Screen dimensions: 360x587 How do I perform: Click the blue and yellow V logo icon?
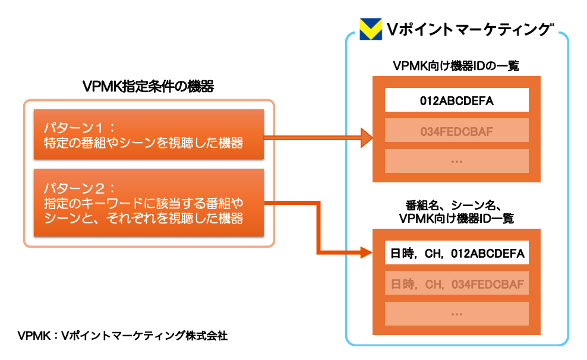370,29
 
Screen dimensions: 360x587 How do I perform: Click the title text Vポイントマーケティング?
470,29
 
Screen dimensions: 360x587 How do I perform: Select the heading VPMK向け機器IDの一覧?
456,66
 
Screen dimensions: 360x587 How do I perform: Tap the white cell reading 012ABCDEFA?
456,100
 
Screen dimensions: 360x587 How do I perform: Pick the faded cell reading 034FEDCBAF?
456,130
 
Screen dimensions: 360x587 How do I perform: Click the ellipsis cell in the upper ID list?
456,160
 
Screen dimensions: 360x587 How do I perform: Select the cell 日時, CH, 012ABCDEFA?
456,254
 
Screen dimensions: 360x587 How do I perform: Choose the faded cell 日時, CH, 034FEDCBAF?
456,285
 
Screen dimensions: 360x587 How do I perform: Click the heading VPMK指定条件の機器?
149,86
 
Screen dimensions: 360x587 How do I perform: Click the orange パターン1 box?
149,134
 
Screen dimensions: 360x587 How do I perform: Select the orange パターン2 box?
149,203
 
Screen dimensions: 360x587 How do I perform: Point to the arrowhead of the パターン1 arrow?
366,138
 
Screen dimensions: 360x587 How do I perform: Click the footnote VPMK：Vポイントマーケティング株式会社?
122,336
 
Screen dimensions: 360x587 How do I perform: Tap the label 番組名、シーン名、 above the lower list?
456,206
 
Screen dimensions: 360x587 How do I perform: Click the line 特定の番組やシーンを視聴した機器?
144,143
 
